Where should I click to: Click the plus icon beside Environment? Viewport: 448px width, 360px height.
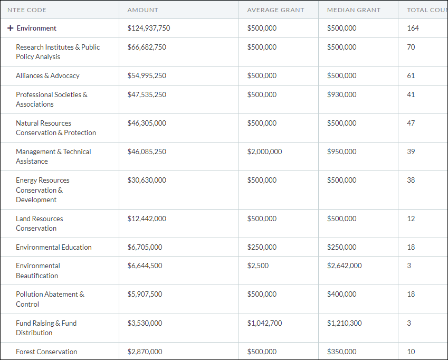click(10, 29)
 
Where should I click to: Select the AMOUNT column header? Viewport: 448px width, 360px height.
click(142, 10)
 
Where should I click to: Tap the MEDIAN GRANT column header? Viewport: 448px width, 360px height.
click(354, 10)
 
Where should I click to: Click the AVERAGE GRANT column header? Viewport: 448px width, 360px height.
click(275, 10)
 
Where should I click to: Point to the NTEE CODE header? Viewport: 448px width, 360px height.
click(27, 10)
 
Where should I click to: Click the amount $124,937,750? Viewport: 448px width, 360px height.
click(149, 29)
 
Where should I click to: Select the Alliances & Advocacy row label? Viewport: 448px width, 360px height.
click(47, 76)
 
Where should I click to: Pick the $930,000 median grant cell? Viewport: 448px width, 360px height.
click(341, 95)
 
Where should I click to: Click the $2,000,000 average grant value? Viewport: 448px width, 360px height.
click(264, 152)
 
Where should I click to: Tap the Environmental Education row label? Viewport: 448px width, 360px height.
click(54, 248)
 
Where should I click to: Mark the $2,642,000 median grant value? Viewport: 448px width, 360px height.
click(344, 266)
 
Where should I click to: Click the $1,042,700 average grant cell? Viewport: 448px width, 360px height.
click(264, 324)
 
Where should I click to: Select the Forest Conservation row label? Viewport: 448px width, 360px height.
click(46, 352)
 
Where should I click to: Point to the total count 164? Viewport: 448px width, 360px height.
click(413, 29)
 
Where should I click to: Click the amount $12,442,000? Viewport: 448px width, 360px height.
click(147, 219)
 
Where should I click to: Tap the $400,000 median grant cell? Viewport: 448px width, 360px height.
click(341, 295)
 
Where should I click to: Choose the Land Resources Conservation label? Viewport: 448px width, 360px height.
click(40, 224)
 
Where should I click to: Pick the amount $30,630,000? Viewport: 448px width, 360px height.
click(147, 181)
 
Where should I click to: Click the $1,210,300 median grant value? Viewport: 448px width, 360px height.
click(344, 324)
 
